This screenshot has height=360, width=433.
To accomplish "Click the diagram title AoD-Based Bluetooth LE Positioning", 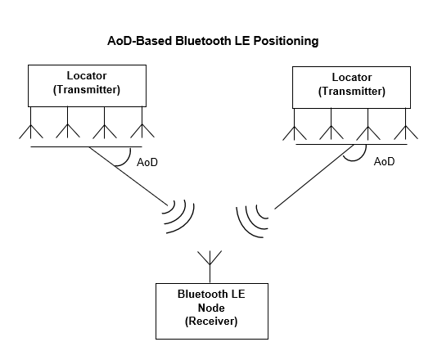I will [213, 40].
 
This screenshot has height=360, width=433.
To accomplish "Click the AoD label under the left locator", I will [147, 163].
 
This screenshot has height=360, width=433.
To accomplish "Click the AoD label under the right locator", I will [384, 162].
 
